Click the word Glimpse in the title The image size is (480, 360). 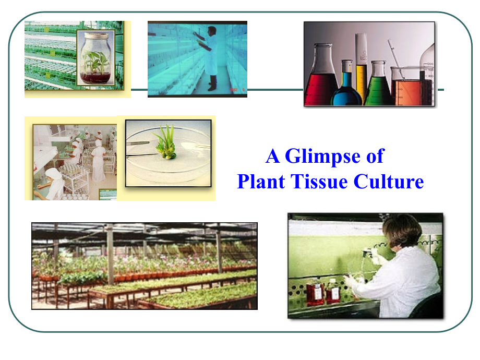tap(326, 156)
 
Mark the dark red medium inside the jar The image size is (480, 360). tap(97, 78)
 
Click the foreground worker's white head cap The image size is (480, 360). tap(52, 174)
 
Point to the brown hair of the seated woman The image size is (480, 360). tap(402, 230)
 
